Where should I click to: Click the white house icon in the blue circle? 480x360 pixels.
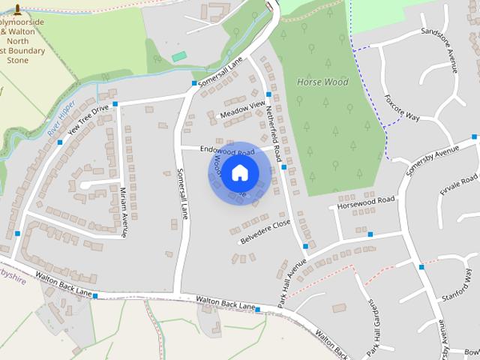click(239, 173)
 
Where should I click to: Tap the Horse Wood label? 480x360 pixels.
click(322, 82)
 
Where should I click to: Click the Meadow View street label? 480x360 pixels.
click(241, 109)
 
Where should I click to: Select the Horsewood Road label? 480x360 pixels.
click(366, 201)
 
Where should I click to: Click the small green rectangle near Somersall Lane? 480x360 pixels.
click(178, 57)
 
